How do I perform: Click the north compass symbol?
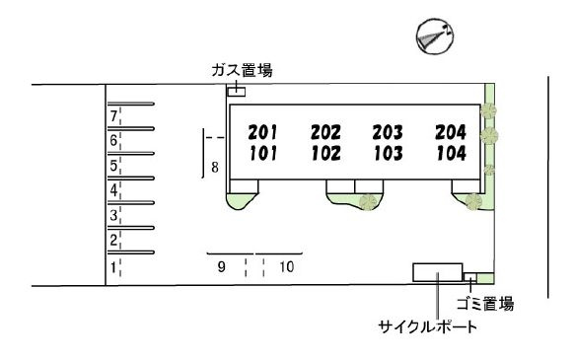click(x=435, y=36)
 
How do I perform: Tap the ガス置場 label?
click(x=242, y=70)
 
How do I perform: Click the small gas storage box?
click(x=237, y=92)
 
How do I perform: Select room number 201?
click(x=262, y=132)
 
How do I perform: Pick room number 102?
click(x=326, y=153)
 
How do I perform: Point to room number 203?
click(x=388, y=132)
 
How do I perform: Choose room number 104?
click(x=452, y=153)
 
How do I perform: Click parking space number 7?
click(x=113, y=116)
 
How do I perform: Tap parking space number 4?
click(x=113, y=190)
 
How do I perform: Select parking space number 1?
click(x=113, y=267)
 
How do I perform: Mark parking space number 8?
click(x=215, y=168)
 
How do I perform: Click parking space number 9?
click(x=222, y=267)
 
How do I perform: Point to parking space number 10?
click(x=287, y=267)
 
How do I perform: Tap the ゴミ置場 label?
click(x=485, y=304)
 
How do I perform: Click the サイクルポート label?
click(x=428, y=326)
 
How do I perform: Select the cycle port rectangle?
click(x=438, y=272)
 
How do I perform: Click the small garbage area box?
click(x=470, y=277)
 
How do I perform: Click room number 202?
click(x=326, y=132)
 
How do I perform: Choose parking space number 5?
click(x=113, y=166)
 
